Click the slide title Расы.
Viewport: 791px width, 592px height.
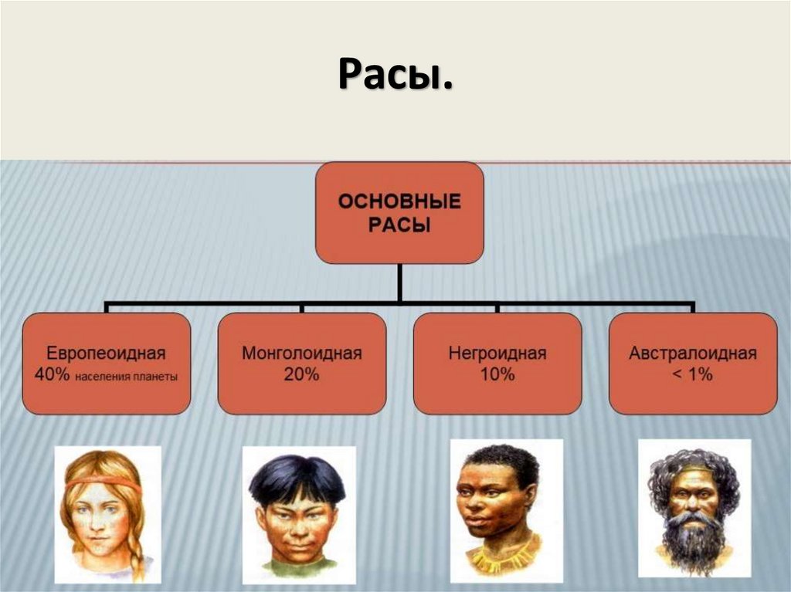pyautogui.click(x=395, y=76)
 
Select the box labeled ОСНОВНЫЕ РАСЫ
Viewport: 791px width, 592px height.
pyautogui.click(x=399, y=212)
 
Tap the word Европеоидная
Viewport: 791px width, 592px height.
pyautogui.click(x=106, y=354)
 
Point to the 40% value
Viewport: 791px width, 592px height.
pyautogui.click(x=51, y=375)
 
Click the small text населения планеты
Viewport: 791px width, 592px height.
pyautogui.click(x=127, y=377)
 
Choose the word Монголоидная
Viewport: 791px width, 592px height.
pyautogui.click(x=301, y=354)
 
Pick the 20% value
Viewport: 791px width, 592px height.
pyautogui.click(x=301, y=375)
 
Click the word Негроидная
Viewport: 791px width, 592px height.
pyautogui.click(x=497, y=354)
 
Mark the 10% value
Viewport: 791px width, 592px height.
pyautogui.click(x=497, y=375)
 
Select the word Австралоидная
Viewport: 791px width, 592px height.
pyautogui.click(x=693, y=354)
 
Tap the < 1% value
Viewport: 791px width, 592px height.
pyautogui.click(x=693, y=375)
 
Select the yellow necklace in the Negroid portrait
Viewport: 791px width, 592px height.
pyautogui.click(x=502, y=556)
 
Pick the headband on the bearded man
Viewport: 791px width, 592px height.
pyautogui.click(x=694, y=470)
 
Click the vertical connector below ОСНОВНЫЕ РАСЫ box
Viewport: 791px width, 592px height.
pyautogui.click(x=399, y=282)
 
